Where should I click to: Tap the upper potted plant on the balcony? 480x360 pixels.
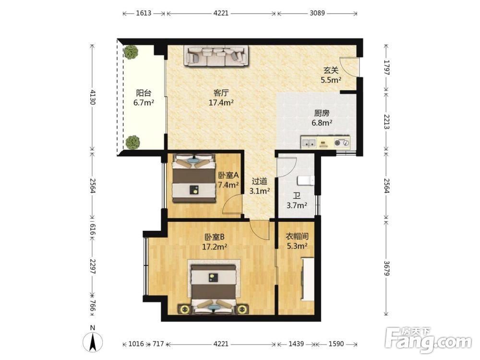pos(132,52)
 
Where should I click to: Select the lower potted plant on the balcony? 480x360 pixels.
pos(132,142)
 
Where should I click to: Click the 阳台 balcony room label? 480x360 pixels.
pos(144,93)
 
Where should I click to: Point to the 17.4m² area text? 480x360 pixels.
pos(221,103)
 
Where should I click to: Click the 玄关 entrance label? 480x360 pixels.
pos(331,71)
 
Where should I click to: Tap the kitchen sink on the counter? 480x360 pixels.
pos(309,143)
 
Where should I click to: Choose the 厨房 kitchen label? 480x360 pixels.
pos(322,113)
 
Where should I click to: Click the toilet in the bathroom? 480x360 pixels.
pos(306,180)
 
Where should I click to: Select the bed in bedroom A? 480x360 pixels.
pos(193,178)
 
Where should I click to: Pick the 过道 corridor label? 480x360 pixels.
pos(259,181)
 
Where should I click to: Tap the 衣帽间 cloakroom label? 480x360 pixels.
pos(297,236)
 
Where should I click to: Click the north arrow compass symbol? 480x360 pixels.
pos(93,341)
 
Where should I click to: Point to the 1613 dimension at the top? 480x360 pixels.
pos(144,13)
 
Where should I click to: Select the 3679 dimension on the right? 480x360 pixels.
pos(387,268)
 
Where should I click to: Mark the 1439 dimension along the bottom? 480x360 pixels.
pos(296,344)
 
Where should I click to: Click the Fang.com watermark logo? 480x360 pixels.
pos(429,340)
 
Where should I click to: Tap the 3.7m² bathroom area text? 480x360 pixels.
pos(297,205)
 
